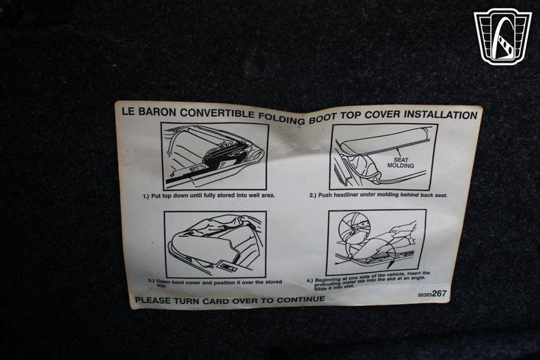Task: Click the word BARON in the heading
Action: click(x=157, y=112)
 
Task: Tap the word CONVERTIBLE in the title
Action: click(x=217, y=114)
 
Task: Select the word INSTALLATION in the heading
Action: click(x=440, y=114)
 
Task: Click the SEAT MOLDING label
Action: click(x=401, y=163)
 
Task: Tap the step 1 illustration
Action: click(x=215, y=156)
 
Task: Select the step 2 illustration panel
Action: click(x=383, y=157)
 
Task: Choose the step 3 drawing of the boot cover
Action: click(x=215, y=245)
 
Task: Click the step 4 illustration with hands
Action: click(x=377, y=243)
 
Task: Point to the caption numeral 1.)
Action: click(x=146, y=196)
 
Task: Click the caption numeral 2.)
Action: click(x=312, y=195)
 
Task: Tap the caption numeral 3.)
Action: click(x=152, y=281)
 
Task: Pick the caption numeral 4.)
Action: click(x=310, y=281)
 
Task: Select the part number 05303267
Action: click(x=432, y=294)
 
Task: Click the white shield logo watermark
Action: click(x=503, y=36)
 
